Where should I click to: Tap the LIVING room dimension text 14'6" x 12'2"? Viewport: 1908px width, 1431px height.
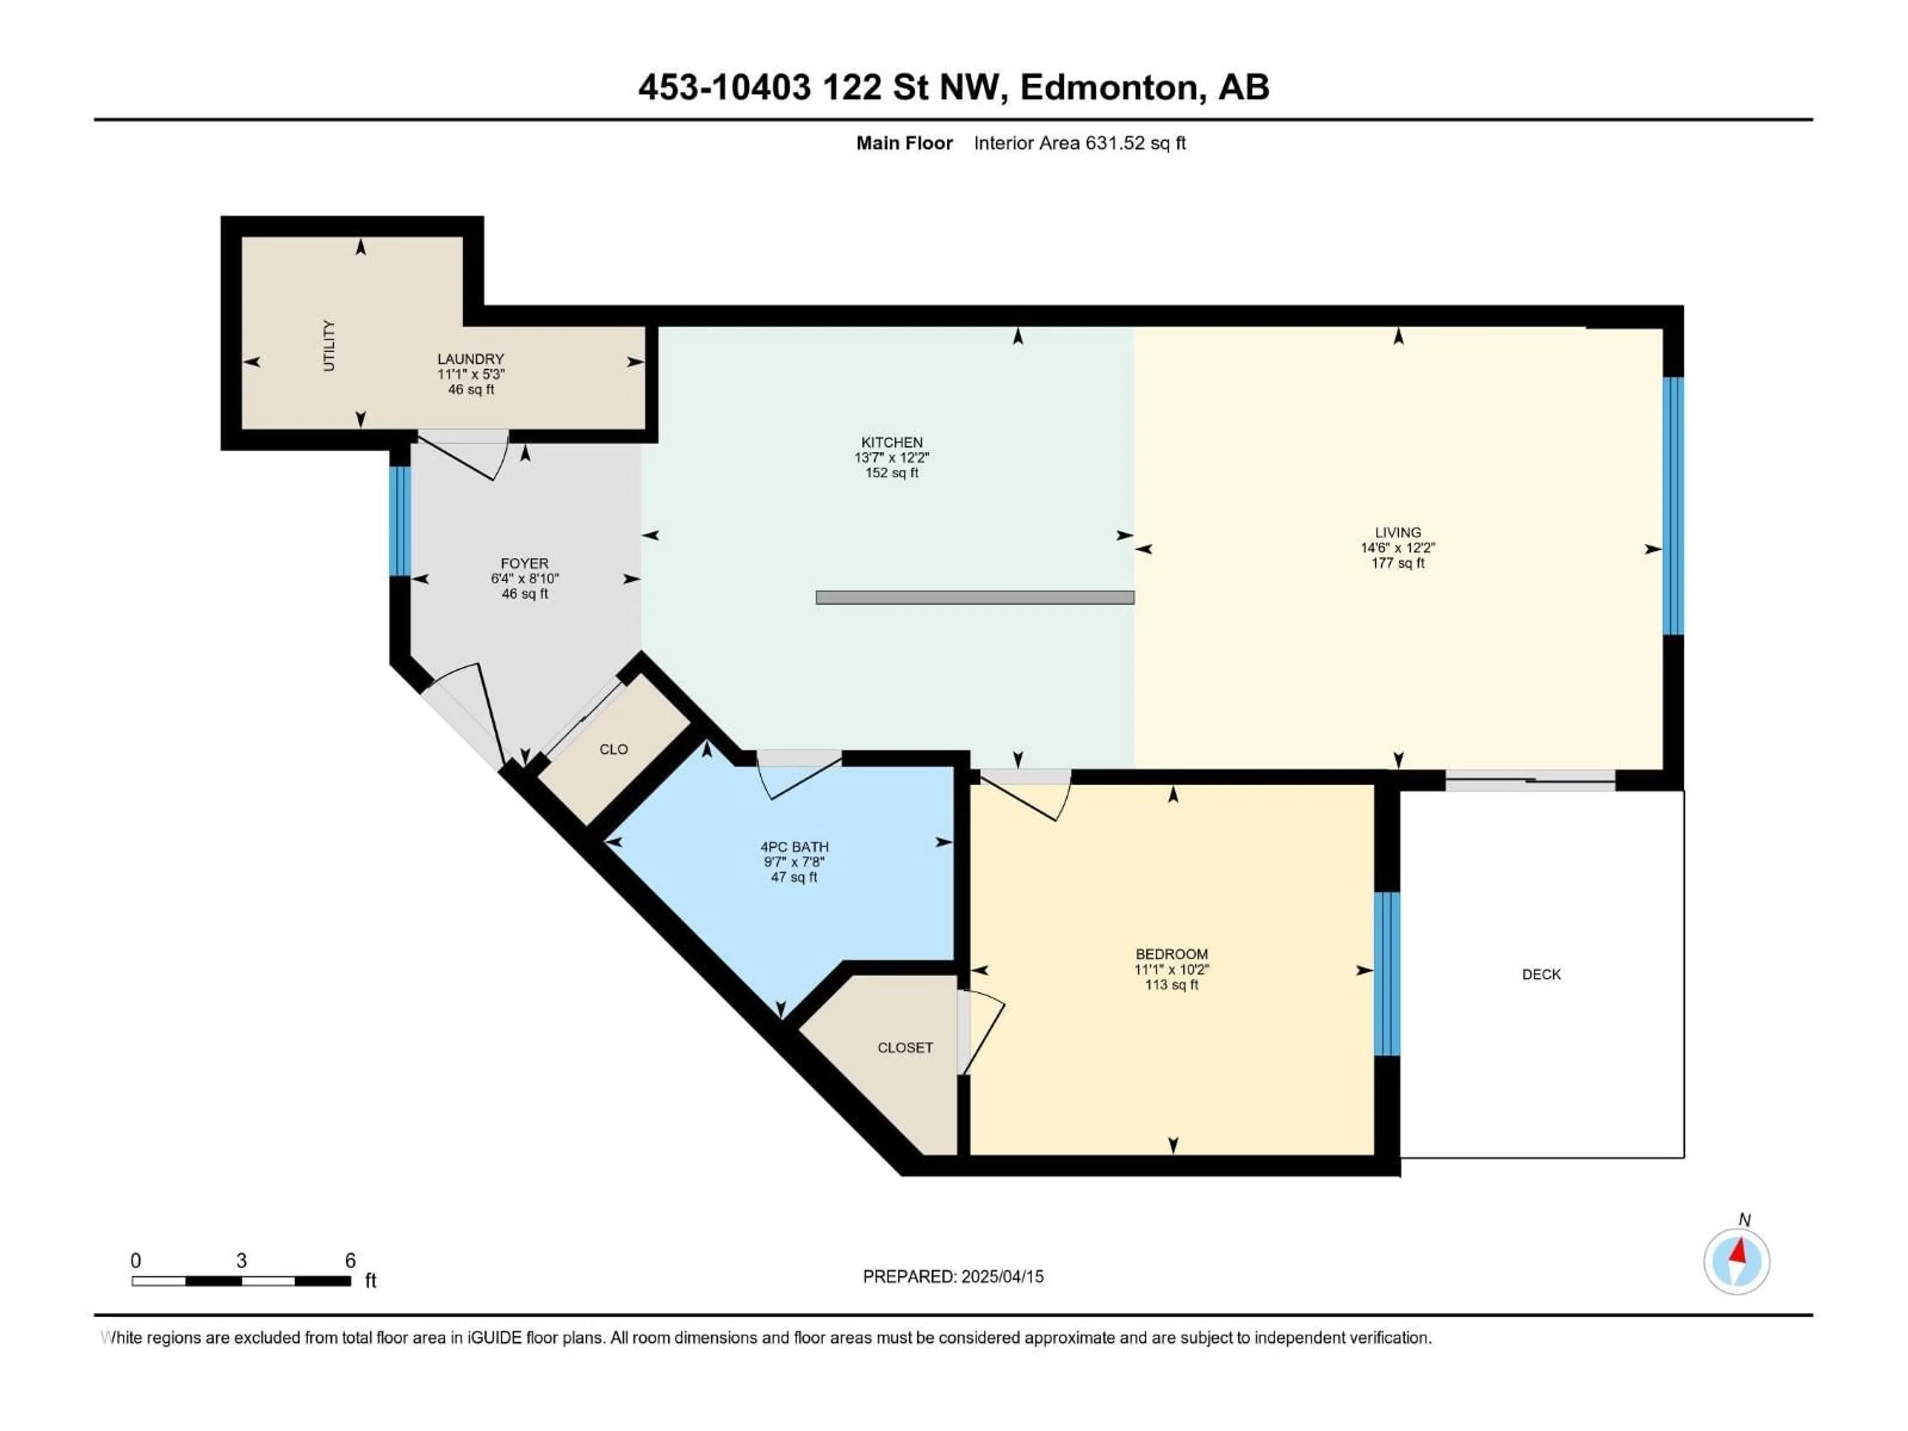point(1397,548)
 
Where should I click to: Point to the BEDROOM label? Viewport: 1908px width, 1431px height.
point(1171,954)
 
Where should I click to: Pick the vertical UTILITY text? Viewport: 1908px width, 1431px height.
point(328,346)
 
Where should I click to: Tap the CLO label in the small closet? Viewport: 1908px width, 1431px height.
point(613,750)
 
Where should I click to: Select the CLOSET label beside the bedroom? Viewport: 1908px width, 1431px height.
point(905,1048)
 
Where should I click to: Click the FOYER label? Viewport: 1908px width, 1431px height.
point(524,563)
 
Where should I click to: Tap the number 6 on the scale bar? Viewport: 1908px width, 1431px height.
point(350,1260)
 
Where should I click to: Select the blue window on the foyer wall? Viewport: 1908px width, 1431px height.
point(399,521)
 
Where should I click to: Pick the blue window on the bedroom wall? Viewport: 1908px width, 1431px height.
point(1386,975)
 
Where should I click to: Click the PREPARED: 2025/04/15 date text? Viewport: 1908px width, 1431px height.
point(953,1276)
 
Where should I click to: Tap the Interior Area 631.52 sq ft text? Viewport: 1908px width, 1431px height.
point(1079,143)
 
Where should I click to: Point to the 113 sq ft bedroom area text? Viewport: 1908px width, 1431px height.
point(1171,985)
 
